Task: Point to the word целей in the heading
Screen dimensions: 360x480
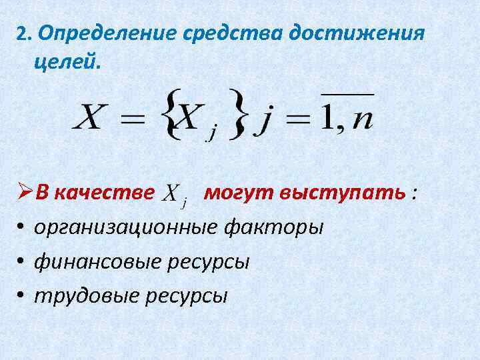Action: (x=63, y=64)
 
